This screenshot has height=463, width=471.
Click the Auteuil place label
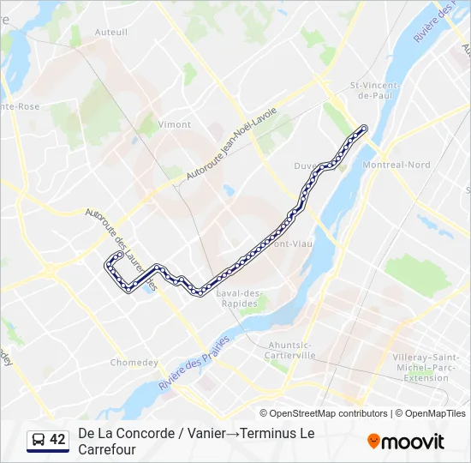coord(111,33)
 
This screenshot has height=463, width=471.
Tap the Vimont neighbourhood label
coord(175,124)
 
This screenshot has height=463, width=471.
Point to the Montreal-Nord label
coord(396,165)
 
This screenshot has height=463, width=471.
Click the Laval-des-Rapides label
coord(242,298)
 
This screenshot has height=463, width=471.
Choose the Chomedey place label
coord(134,362)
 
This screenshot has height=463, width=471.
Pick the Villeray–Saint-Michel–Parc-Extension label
coord(426,365)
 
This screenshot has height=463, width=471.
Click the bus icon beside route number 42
coord(38,441)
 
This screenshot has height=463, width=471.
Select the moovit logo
coord(406,442)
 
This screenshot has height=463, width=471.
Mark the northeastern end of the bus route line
coord(364,129)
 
